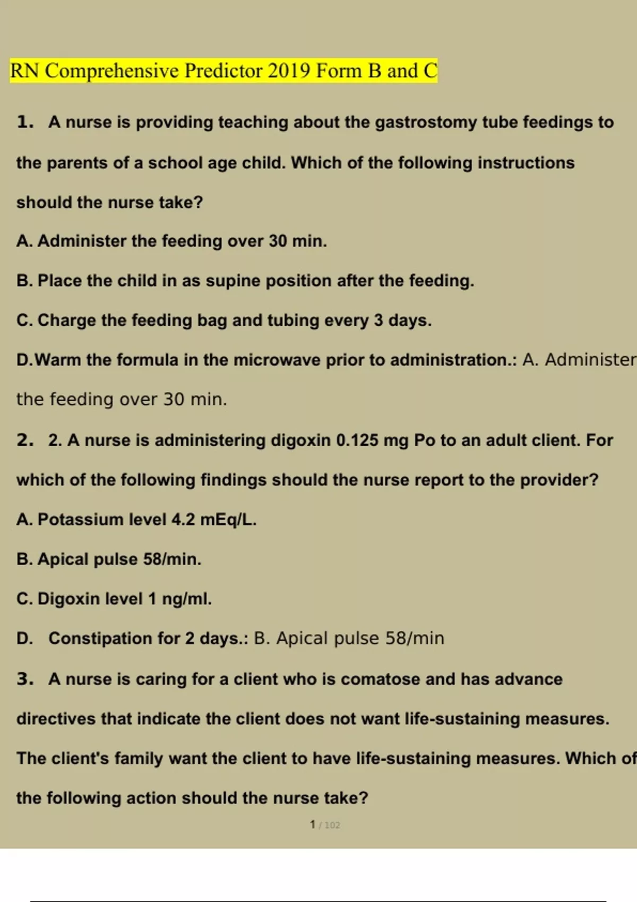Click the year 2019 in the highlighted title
click(289, 71)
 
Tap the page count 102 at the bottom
click(332, 825)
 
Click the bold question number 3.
click(24, 679)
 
